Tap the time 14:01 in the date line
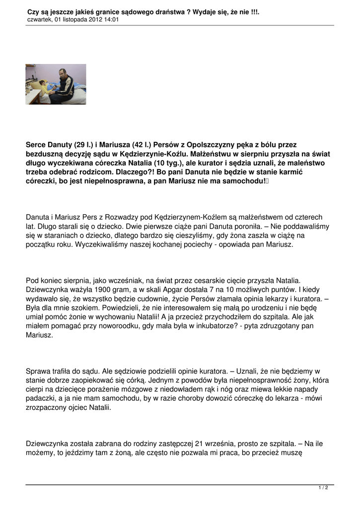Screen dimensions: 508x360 [x=111, y=20]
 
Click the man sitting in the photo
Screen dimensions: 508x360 [x=62, y=85]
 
